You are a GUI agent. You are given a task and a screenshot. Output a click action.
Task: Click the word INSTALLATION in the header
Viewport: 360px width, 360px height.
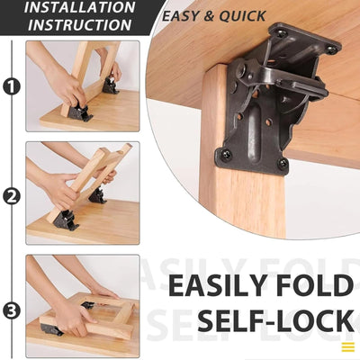[x=79, y=8]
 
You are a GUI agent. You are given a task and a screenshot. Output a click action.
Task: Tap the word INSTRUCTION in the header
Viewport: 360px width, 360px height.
[x=79, y=25]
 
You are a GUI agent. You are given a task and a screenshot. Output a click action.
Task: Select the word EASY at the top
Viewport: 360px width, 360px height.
[x=184, y=15]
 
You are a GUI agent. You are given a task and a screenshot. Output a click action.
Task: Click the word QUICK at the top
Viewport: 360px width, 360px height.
[x=243, y=15]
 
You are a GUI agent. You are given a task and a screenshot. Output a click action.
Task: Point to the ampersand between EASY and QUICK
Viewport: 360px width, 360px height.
[x=212, y=15]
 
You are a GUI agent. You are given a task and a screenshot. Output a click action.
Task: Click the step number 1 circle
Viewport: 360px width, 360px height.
[x=11, y=87]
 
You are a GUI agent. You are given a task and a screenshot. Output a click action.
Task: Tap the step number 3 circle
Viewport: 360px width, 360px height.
[x=11, y=311]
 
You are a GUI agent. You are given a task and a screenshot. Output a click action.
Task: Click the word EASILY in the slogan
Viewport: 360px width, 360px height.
[x=229, y=286]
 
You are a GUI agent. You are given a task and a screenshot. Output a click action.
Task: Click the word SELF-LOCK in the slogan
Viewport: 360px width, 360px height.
[x=274, y=322]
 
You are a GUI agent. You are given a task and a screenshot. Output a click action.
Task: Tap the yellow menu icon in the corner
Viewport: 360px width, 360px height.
[x=347, y=346]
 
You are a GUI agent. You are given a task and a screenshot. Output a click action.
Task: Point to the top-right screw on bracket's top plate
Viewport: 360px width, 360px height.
[x=330, y=48]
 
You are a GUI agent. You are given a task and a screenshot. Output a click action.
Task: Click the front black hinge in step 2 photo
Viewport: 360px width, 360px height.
[x=66, y=220]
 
